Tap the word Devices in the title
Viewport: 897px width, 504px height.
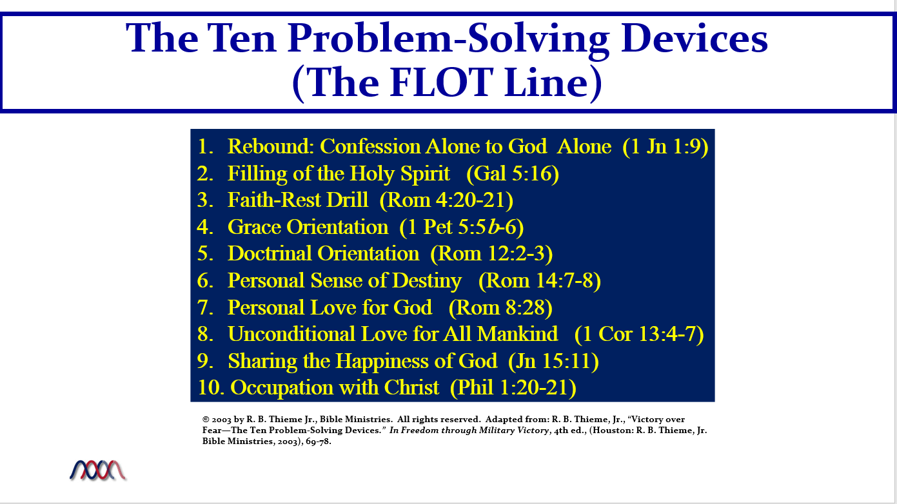(694, 39)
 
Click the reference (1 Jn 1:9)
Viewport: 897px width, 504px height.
(665, 146)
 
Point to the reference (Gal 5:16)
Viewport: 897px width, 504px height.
(513, 173)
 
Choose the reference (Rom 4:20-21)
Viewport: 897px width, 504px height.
(446, 200)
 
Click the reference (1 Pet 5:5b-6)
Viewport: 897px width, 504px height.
(462, 227)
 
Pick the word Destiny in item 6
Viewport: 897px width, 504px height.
(426, 280)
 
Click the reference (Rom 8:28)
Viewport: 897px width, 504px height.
(500, 307)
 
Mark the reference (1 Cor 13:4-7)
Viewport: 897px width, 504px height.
(639, 334)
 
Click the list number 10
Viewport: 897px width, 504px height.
(211, 387)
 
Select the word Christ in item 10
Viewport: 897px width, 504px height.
(411, 387)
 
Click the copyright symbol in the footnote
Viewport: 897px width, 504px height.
(206, 420)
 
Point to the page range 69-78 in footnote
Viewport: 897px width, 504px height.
(319, 441)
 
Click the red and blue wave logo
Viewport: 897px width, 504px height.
(98, 470)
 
